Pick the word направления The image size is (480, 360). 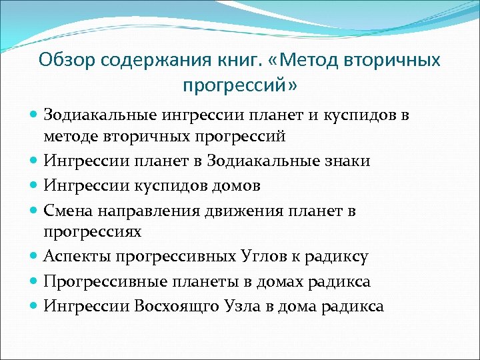[147, 211]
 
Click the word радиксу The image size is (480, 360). [345, 255]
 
